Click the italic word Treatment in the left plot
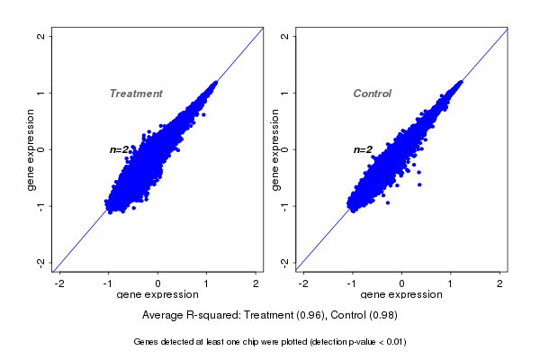click(136, 94)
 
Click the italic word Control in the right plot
click(373, 94)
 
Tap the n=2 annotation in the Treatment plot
click(120, 149)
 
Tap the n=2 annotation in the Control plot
click(363, 149)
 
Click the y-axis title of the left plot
click(31, 149)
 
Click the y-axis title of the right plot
click(274, 149)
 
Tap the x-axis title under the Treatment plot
click(157, 295)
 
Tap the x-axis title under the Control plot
click(401, 295)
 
